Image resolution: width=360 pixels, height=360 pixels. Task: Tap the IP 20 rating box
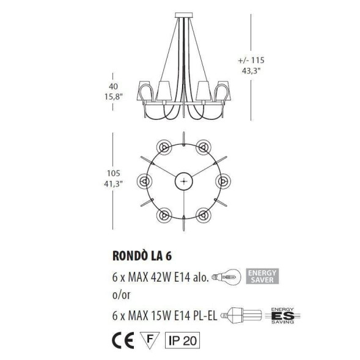coord(182,338)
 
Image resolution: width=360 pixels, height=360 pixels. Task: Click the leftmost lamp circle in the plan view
coord(145,181)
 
